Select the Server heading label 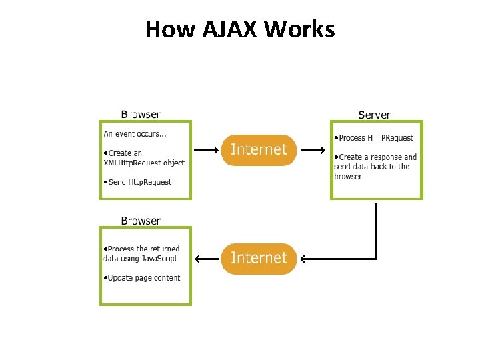tap(374, 115)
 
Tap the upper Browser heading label tap(140, 114)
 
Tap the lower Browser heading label tap(141, 221)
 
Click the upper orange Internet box tap(259, 150)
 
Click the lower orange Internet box tap(259, 258)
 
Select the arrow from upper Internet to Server tap(313, 151)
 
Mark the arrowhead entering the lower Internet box tap(301, 259)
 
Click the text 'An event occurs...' tap(135, 133)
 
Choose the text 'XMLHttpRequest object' tap(144, 163)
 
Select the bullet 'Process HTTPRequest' tap(375, 138)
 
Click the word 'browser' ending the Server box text tap(348, 177)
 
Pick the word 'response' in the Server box tap(387, 157)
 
